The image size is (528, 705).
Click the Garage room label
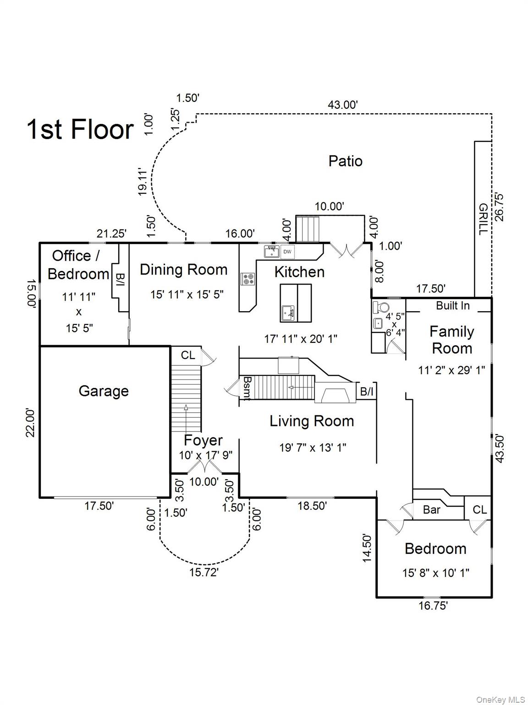coord(104,391)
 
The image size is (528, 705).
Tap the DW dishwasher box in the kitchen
coord(287,252)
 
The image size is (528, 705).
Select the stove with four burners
coord(248,278)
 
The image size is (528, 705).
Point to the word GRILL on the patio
coord(483,219)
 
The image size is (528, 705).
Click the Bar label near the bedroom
coord(431,509)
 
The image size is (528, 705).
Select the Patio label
coord(346,161)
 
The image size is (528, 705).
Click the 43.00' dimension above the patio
coord(342,105)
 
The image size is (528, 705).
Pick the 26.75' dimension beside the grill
coord(499,207)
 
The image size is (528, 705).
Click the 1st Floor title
coord(81,129)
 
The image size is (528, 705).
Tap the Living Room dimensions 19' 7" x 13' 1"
coord(313,448)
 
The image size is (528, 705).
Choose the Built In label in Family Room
coord(452,306)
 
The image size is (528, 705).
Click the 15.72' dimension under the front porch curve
coord(204,572)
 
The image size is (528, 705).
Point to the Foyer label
coord(203,440)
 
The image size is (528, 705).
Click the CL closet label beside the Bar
coord(479,509)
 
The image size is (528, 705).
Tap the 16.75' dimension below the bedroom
coord(433,606)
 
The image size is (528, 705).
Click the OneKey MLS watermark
coord(500,699)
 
